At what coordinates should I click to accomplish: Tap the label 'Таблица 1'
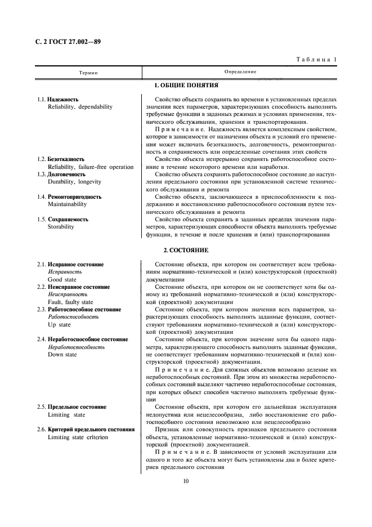(316, 59)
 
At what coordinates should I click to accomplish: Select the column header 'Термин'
(88, 72)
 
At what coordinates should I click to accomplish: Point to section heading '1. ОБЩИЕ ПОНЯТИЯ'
(186, 85)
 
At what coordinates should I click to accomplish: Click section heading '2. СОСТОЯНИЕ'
(186, 249)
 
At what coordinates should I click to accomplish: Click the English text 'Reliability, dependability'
(80, 106)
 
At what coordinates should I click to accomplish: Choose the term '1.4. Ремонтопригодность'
(69, 197)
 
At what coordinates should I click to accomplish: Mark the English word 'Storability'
(61, 227)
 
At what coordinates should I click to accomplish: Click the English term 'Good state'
(63, 279)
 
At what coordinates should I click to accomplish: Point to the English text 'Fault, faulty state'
(71, 302)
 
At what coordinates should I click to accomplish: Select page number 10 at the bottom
(186, 481)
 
